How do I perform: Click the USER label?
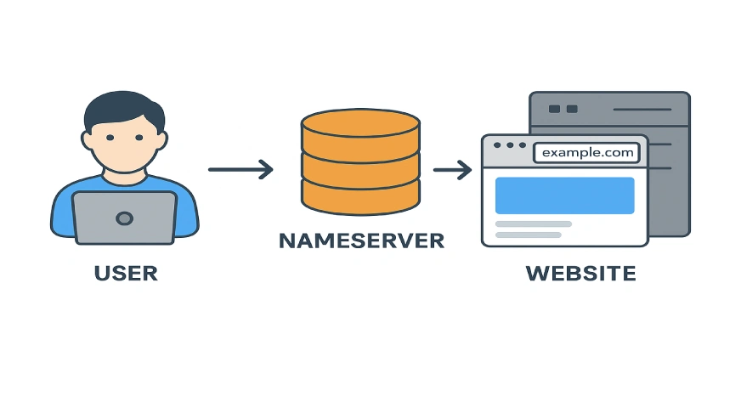(126, 274)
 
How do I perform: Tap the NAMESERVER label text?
(361, 241)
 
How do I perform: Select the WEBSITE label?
(580, 274)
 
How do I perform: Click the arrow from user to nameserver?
(240, 169)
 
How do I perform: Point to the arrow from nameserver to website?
(452, 170)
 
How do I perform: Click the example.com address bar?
(586, 153)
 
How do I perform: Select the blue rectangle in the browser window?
(564, 195)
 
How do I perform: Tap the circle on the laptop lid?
(124, 218)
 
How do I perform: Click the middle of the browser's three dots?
(510, 145)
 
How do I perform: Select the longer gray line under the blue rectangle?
(533, 224)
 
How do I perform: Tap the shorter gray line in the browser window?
(528, 235)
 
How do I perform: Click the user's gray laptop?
(124, 218)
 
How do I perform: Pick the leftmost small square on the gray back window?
(555, 109)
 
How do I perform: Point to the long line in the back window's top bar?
(642, 109)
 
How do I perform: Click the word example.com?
(587, 153)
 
